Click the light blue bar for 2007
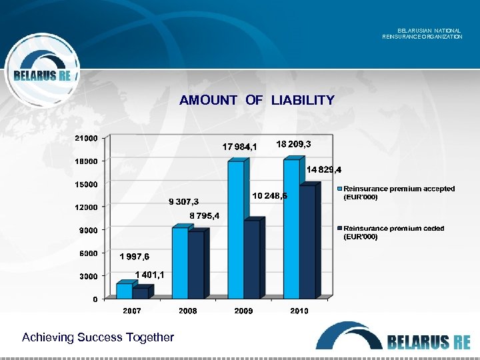point(124,291)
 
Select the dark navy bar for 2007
point(140,293)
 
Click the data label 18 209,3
point(293,144)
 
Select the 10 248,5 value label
point(271,196)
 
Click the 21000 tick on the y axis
point(87,138)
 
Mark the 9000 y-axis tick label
point(89,230)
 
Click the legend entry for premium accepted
point(398,193)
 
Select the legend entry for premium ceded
point(393,232)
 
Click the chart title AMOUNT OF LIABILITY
point(257,101)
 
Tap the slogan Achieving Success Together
point(97,337)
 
